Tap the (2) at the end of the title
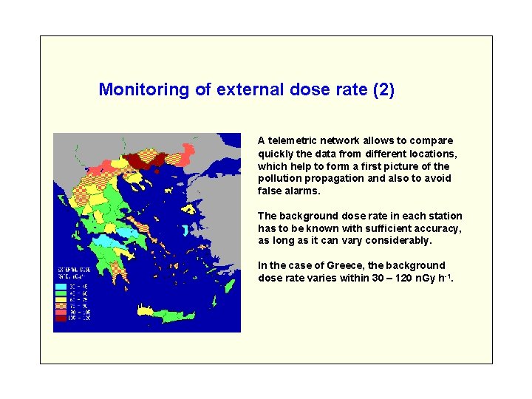pos(384,90)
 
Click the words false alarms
pos(289,191)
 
